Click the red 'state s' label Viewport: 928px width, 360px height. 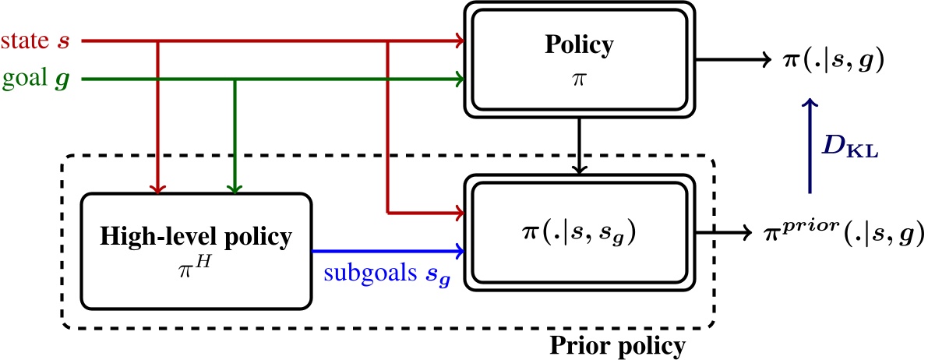click(37, 40)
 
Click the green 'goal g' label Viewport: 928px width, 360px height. click(37, 79)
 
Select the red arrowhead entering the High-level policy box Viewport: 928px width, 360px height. click(158, 187)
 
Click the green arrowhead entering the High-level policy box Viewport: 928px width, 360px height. click(235, 187)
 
